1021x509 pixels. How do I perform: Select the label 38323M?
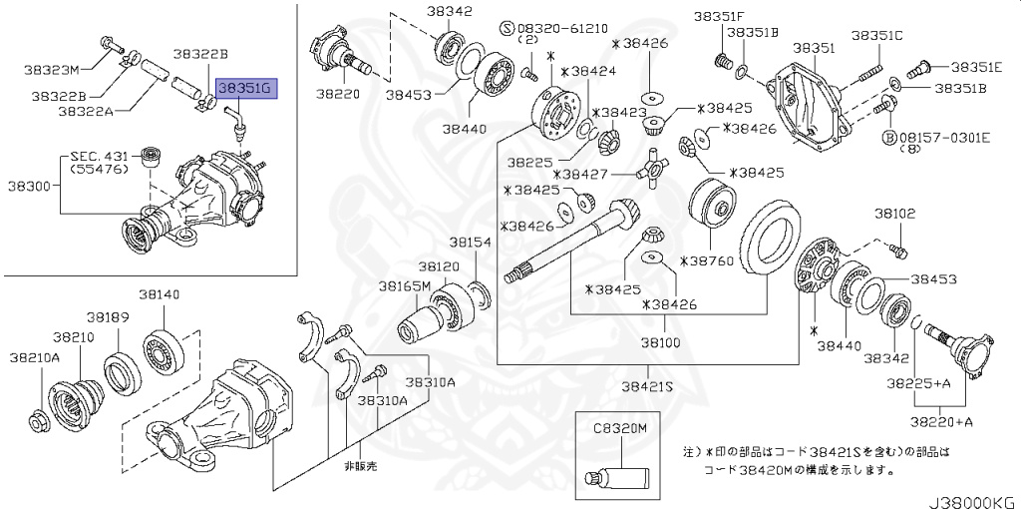(x=53, y=71)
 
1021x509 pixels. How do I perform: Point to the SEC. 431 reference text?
(x=99, y=158)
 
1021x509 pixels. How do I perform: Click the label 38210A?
(x=34, y=356)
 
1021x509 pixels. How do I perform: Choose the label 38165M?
(x=404, y=285)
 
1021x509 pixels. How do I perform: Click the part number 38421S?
(x=647, y=385)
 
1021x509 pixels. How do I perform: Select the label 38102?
(x=895, y=214)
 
